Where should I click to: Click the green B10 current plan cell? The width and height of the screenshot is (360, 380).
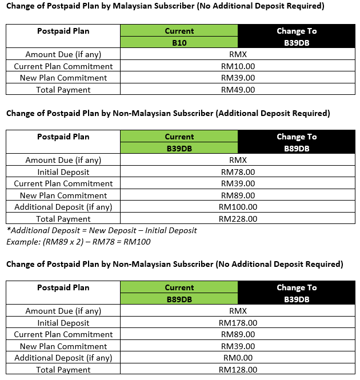(x=179, y=42)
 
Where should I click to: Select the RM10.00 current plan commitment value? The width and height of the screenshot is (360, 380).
(x=238, y=66)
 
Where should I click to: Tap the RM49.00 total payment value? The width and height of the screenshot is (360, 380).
(x=238, y=90)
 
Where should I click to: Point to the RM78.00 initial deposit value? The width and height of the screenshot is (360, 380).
(x=238, y=172)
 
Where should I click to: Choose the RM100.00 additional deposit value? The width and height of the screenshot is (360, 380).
(x=238, y=207)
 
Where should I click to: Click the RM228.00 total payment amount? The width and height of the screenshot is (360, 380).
(x=238, y=219)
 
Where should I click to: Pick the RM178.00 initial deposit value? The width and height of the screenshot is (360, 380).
(x=238, y=323)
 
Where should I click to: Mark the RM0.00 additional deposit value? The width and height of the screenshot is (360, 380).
(x=238, y=358)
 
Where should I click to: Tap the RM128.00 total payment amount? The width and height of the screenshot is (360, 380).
(x=238, y=370)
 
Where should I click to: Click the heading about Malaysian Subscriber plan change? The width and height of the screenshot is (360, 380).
(x=165, y=7)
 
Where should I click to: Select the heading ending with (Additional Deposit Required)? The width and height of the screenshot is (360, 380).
(x=168, y=113)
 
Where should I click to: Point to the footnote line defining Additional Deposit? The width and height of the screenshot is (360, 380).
(x=102, y=230)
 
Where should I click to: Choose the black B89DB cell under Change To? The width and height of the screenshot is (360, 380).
(x=297, y=149)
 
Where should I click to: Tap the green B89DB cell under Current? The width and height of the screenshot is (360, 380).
(x=179, y=299)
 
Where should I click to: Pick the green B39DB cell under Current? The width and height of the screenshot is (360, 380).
(x=179, y=149)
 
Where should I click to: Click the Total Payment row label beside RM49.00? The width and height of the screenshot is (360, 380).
(x=63, y=90)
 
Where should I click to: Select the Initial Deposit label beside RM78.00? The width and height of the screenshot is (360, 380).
(x=63, y=172)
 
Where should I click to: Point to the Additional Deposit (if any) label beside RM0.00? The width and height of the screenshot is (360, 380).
(x=63, y=358)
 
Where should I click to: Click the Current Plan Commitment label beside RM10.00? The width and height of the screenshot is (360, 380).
(x=63, y=66)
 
